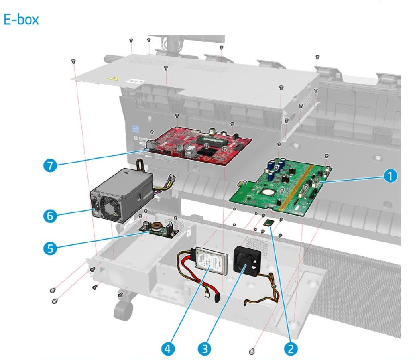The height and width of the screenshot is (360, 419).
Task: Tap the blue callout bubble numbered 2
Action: (290, 348)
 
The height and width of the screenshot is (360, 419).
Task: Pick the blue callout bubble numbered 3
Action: (204, 348)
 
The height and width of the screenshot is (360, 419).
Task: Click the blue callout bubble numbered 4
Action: (168, 348)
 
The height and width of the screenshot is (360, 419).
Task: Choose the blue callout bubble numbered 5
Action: (50, 247)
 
